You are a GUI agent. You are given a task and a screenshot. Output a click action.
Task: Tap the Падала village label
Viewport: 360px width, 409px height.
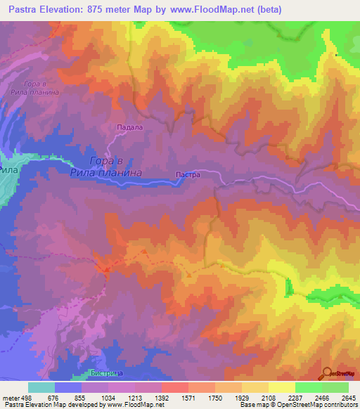coord(129,127)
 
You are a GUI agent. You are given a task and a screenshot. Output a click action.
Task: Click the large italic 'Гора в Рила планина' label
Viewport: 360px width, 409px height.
coord(106,166)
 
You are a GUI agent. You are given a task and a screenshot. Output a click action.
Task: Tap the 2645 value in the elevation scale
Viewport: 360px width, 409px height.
coord(349,397)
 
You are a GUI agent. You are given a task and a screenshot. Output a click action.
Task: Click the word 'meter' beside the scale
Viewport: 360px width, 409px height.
coord(8,397)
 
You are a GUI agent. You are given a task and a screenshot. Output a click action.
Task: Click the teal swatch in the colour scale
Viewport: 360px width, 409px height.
coord(41,387)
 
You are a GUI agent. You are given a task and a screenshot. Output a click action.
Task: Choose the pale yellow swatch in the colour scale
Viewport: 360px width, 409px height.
coord(281,387)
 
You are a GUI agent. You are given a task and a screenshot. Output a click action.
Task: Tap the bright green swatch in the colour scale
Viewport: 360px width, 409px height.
coord(308,387)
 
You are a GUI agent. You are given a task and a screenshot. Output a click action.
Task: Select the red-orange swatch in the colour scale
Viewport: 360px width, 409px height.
coord(174,387)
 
